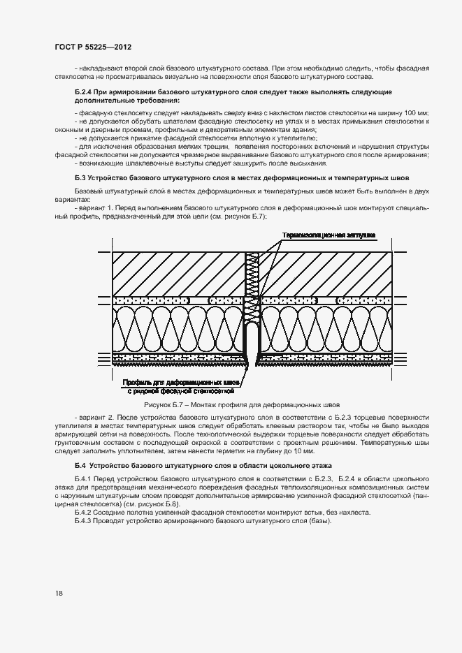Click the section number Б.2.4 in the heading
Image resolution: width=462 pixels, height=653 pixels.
click(85, 92)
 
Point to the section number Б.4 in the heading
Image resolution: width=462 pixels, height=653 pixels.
click(81, 464)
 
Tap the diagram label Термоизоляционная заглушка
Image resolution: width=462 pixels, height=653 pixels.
click(330, 235)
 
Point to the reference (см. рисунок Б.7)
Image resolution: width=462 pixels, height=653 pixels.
click(237, 217)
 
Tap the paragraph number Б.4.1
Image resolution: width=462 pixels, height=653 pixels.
click(83, 478)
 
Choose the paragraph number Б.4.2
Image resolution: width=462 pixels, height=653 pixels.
click(83, 513)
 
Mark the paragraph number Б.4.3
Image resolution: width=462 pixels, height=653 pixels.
click(83, 522)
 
